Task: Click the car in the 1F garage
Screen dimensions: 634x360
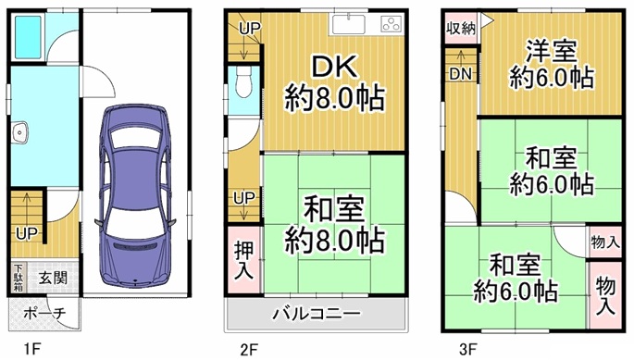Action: click(x=135, y=196)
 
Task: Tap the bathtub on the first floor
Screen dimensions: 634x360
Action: click(x=28, y=37)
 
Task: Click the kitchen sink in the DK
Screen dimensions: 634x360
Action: click(x=349, y=24)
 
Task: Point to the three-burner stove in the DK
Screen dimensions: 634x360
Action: click(x=392, y=24)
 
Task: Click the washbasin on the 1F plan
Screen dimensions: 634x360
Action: click(x=19, y=131)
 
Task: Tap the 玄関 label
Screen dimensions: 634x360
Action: click(x=53, y=278)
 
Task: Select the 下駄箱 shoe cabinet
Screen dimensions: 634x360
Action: click(x=19, y=278)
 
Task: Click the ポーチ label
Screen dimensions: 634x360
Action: click(x=44, y=313)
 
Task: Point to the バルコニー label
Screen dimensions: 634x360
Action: click(x=317, y=314)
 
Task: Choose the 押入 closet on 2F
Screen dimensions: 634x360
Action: click(x=244, y=259)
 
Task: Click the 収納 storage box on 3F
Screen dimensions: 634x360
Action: click(x=461, y=28)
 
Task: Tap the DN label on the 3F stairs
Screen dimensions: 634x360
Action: click(x=461, y=74)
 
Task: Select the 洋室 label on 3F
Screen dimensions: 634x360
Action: click(x=551, y=51)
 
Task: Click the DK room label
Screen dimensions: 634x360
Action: click(x=334, y=67)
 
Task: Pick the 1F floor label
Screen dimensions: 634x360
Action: click(x=32, y=348)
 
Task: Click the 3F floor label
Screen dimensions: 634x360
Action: click(x=468, y=348)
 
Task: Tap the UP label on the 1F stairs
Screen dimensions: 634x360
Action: click(x=27, y=233)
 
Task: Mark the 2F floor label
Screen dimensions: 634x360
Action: click(x=250, y=349)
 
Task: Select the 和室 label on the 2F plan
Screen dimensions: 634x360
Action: click(x=334, y=209)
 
